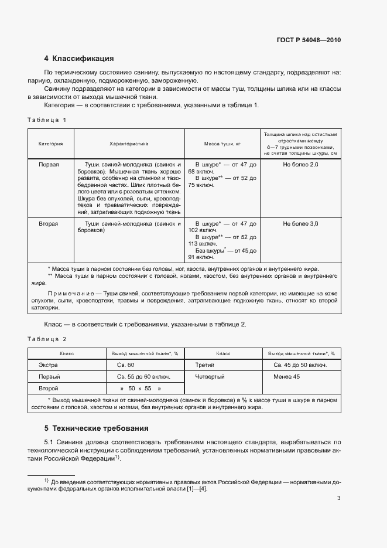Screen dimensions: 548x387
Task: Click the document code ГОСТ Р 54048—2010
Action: pos(308,40)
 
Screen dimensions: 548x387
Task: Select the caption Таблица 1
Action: pos(47,120)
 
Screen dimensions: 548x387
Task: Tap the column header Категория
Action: pos(51,143)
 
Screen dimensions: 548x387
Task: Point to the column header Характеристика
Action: pos(129,143)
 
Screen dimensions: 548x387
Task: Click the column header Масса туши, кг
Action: pos(222,143)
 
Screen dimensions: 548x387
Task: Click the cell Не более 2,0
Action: pos(300,165)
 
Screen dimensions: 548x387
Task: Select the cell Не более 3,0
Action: pos(300,224)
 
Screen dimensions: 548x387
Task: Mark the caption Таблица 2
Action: pos(47,339)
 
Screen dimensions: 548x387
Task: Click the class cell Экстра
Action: pos(48,365)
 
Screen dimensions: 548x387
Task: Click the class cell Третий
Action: pos(205,365)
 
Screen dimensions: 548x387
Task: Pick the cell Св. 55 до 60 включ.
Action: pos(144,376)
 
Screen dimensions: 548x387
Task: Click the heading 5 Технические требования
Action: pos(97,428)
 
